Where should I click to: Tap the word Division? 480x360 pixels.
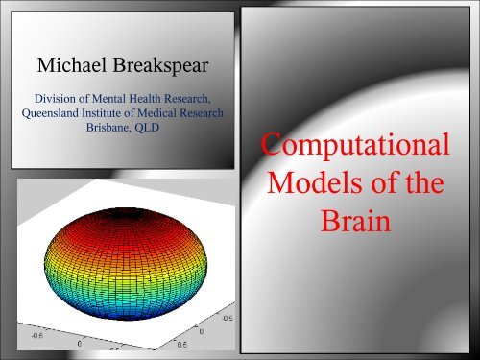[x=59, y=97]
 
